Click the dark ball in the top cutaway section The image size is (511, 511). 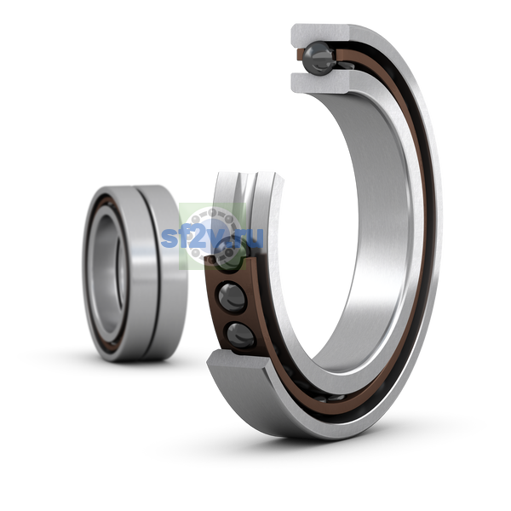(318, 58)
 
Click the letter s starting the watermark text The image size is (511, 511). (169, 238)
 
